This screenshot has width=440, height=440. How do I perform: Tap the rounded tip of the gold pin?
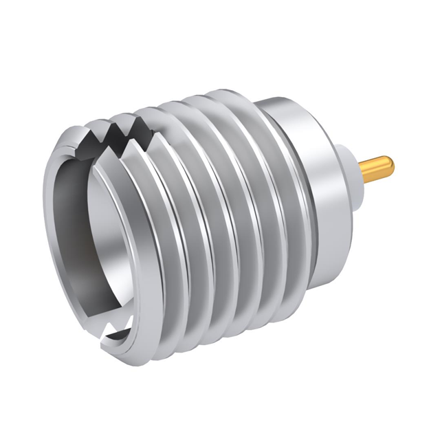pyautogui.click(x=390, y=164)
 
